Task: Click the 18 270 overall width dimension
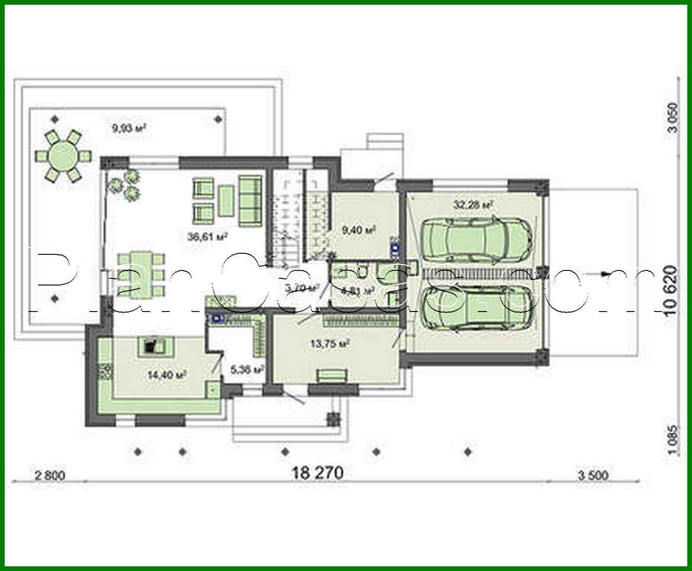pos(318,473)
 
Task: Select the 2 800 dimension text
pos(50,475)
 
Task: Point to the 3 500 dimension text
pos(592,475)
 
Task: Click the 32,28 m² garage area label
pos(473,205)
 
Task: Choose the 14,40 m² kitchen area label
pos(167,374)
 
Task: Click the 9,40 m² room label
pos(359,229)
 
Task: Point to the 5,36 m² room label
pos(247,369)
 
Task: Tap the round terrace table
pos(63,155)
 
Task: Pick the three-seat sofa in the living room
pos(250,201)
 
